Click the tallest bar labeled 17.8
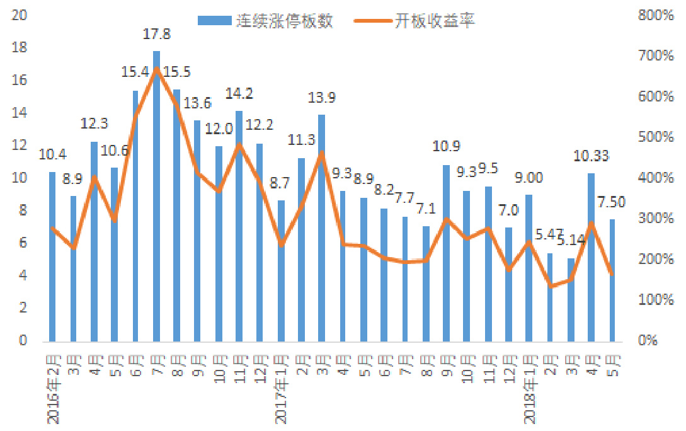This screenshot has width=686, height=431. coord(157,195)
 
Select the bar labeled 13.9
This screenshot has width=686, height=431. coord(321,227)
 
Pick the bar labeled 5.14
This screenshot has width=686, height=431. coord(571,299)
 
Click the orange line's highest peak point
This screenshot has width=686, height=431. coord(157,70)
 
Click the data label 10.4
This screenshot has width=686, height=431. coord(52,154)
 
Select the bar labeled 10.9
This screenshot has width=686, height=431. coord(446,253)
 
